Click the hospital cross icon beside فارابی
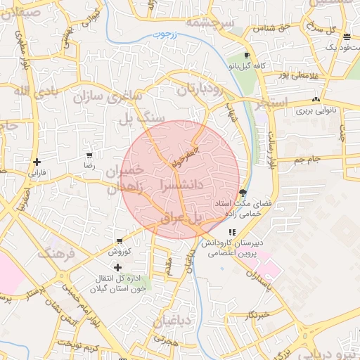[x=37, y=162]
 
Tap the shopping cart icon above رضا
[x=89, y=155]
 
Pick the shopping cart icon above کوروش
[x=120, y=240]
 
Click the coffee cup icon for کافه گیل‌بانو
[x=247, y=55]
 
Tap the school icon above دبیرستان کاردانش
[x=232, y=233]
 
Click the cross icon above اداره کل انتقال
[x=117, y=267]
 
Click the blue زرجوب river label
[x=162, y=34]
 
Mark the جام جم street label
[x=307, y=160]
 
